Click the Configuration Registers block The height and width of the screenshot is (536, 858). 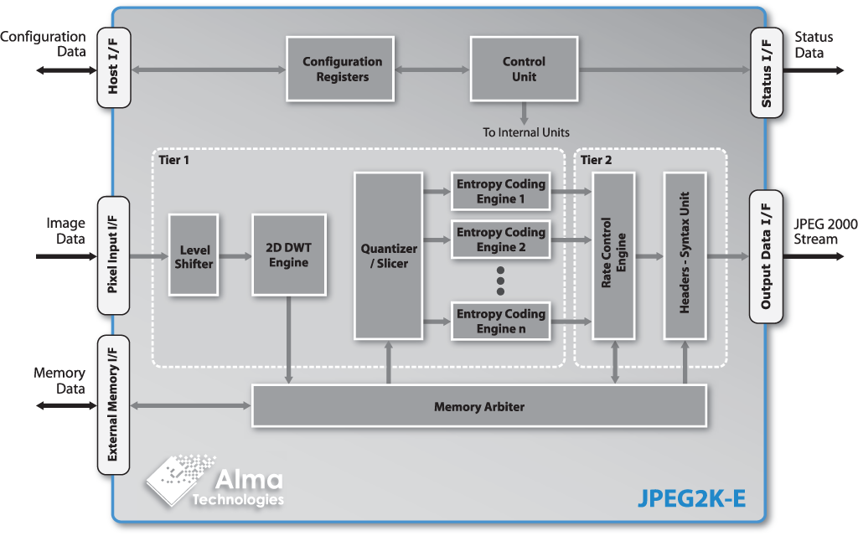click(x=342, y=70)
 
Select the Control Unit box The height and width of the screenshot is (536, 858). click(x=524, y=69)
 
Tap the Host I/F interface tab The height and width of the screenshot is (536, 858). click(x=114, y=67)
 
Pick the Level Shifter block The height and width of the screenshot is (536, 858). click(x=194, y=255)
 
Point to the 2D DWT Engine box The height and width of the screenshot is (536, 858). click(x=289, y=255)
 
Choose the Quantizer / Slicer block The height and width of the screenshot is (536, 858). click(x=388, y=255)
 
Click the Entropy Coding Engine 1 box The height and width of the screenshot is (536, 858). click(x=500, y=192)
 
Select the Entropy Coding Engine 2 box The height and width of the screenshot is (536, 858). click(x=500, y=240)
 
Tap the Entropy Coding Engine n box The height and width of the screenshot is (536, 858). click(x=500, y=321)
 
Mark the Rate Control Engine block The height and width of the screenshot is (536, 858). click(x=614, y=255)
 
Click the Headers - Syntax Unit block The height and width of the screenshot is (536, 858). click(x=685, y=255)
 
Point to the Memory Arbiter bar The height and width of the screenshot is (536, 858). click(x=479, y=406)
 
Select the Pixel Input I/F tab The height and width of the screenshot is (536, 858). click(x=114, y=255)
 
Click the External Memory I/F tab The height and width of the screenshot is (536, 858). click(x=114, y=406)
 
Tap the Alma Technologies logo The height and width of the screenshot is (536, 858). click(x=216, y=483)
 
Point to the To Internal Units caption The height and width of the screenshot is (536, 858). click(x=525, y=132)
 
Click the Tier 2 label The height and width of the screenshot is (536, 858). click(x=597, y=160)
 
